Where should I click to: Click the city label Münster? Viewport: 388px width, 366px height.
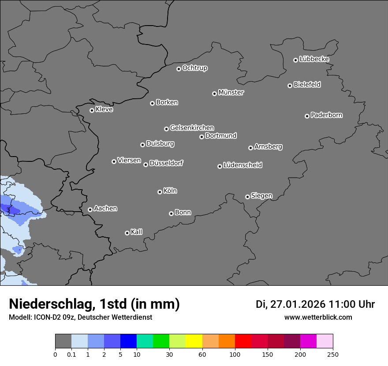[x=231, y=93]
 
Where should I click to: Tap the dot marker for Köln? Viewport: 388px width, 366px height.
[x=160, y=192]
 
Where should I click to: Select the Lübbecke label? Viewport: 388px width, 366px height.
[x=314, y=59]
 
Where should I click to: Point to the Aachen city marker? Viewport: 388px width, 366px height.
[x=90, y=209]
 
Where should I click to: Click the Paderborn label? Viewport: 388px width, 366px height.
[x=326, y=115]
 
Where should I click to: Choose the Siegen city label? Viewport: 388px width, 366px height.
[x=261, y=196]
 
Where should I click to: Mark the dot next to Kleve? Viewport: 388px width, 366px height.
[x=92, y=110]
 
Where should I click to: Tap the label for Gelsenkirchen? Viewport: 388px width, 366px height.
[x=192, y=128]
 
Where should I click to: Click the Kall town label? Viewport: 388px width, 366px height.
[x=136, y=232]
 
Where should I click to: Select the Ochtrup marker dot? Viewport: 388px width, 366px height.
[x=179, y=69]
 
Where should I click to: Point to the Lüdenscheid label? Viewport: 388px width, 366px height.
[x=242, y=165]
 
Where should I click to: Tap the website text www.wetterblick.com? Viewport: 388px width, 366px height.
[x=318, y=317]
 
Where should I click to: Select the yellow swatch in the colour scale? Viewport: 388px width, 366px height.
[x=194, y=341]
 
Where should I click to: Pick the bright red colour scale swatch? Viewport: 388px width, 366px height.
[x=243, y=341]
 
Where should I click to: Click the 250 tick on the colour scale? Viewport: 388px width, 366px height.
[x=332, y=354]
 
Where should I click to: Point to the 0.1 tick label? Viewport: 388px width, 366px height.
[x=71, y=354]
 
